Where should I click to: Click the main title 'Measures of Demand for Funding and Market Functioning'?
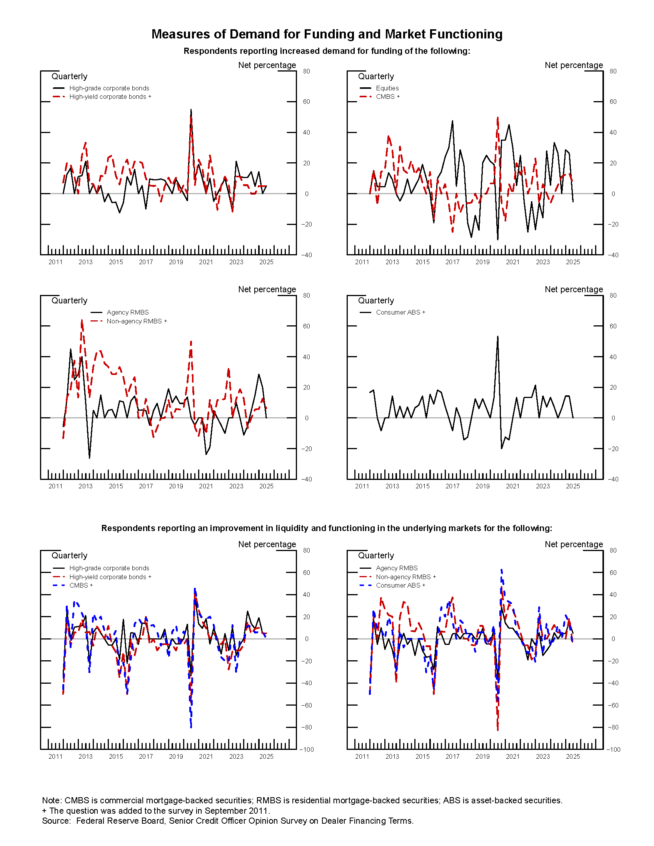coord(327,34)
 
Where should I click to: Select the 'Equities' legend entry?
coord(387,88)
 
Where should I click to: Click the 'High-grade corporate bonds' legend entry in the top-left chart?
coord(109,88)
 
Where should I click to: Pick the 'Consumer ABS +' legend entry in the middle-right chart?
coord(400,312)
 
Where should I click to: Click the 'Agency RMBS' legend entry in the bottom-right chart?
coord(396,568)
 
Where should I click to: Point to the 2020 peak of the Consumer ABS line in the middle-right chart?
coord(497,337)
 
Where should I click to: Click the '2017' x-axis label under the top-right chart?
coord(452,262)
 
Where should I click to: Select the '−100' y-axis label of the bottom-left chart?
coord(307,749)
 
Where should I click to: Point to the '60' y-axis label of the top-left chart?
coord(307,102)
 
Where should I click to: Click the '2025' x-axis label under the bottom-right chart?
coord(573,756)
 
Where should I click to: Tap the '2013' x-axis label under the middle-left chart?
coord(85,486)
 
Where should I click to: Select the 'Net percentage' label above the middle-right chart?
coord(574,289)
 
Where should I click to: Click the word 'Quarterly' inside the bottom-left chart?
coord(69,556)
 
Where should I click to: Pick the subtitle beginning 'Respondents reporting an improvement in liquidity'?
coord(327,528)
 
